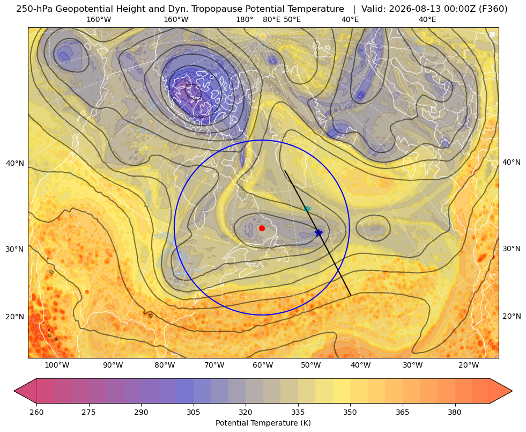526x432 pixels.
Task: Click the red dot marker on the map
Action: tap(262, 228)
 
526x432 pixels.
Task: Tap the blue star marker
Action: tap(318, 232)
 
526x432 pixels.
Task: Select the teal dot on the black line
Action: tap(307, 209)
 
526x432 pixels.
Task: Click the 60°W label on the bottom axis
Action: tap(262, 365)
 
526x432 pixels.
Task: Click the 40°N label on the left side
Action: tap(15, 163)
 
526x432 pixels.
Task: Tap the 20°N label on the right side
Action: tap(512, 316)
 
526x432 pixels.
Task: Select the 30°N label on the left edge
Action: tap(15, 249)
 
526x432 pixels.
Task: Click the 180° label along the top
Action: tap(245, 19)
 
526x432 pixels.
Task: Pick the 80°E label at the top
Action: tap(271, 19)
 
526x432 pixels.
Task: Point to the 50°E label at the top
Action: tap(292, 19)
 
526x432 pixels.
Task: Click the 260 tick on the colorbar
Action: tap(36, 412)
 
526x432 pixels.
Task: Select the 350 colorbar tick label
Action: tap(350, 412)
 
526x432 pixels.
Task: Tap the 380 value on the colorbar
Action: tap(455, 412)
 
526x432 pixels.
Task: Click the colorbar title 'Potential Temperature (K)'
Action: tap(263, 423)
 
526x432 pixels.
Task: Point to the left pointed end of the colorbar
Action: tap(14, 391)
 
